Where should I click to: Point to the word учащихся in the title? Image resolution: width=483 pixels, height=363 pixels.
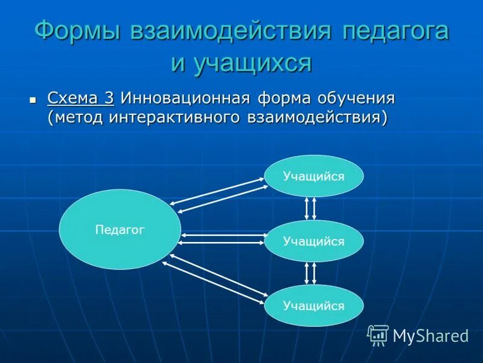click(241, 62)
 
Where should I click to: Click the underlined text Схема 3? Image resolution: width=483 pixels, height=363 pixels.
click(80, 98)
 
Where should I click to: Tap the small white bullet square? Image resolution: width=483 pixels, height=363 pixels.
click(33, 98)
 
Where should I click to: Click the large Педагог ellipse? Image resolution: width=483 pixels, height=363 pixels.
click(120, 229)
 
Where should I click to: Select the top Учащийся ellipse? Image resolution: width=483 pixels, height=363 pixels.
click(313, 176)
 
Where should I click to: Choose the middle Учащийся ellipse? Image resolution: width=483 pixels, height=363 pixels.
click(313, 241)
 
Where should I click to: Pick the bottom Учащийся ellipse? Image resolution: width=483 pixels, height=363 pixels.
click(313, 306)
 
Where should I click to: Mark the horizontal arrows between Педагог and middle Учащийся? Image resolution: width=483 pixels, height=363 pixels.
click(222, 238)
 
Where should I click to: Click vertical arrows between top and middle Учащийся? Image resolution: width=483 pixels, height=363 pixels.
click(310, 208)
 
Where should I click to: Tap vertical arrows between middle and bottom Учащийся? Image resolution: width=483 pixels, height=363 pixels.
click(310, 273)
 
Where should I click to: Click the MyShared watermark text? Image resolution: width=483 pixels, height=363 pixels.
click(430, 336)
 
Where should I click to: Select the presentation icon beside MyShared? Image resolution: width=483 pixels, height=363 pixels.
click(378, 335)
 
